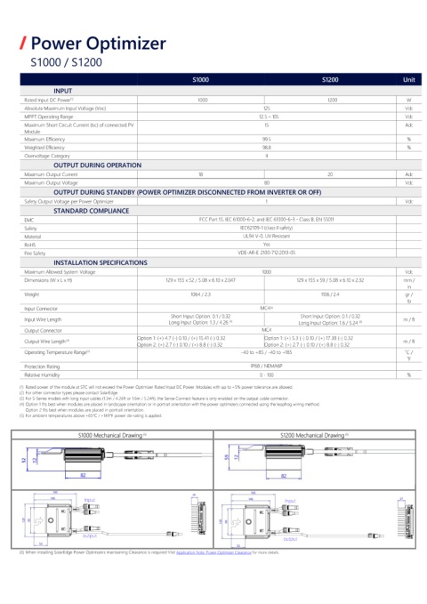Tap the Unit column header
coord(408,80)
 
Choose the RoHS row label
coord(31,243)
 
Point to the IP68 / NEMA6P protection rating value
coord(266,366)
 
